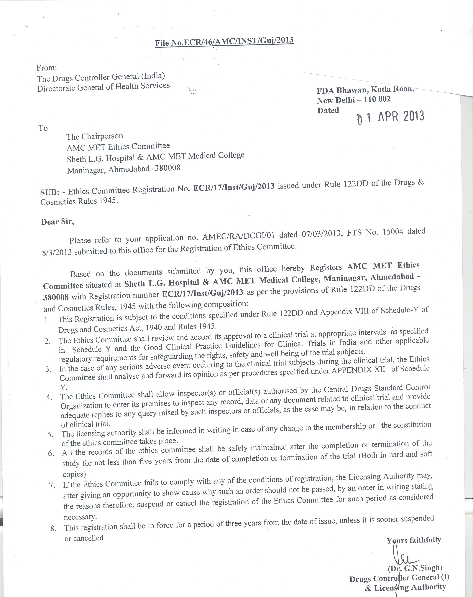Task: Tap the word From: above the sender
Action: (x=47, y=67)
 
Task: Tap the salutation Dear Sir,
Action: (x=58, y=222)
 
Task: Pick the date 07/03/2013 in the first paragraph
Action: (x=321, y=234)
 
